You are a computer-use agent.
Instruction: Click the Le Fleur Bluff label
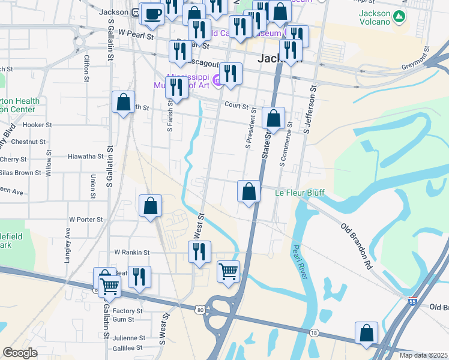pyautogui.click(x=300, y=193)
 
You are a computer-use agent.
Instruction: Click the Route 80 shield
pyautogui.click(x=199, y=310)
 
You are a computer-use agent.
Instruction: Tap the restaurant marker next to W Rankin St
pyautogui.click(x=199, y=251)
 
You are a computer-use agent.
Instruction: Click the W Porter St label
pyautogui.click(x=86, y=220)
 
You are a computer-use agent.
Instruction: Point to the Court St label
pyautogui.click(x=237, y=106)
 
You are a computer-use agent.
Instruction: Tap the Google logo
pyautogui.click(x=20, y=353)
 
